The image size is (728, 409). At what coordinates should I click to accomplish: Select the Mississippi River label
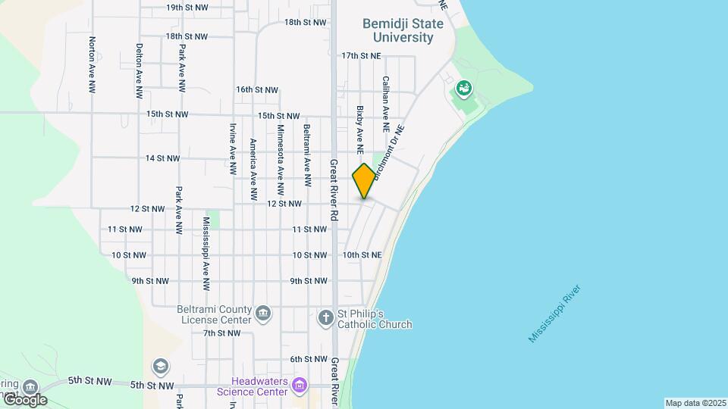(x=555, y=314)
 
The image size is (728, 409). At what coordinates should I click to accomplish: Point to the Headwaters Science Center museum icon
(x=300, y=387)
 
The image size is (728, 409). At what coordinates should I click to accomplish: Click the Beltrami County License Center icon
(x=262, y=314)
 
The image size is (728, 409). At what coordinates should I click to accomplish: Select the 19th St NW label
(x=187, y=8)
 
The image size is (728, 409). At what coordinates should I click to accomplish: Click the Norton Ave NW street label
(x=92, y=65)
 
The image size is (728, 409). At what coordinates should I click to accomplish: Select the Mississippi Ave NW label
(x=206, y=254)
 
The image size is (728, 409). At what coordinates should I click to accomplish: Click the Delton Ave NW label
(x=139, y=70)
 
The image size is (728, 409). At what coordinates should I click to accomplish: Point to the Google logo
(x=24, y=398)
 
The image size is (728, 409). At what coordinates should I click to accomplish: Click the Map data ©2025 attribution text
(x=695, y=403)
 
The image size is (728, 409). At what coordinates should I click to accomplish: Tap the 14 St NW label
(x=163, y=158)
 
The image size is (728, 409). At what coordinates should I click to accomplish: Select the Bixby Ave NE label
(x=360, y=126)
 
